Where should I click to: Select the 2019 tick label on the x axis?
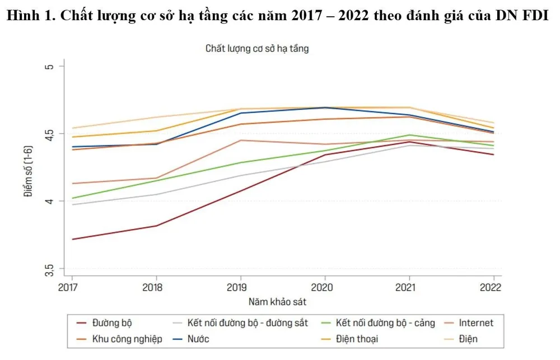pos(240,287)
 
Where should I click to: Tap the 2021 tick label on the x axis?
pos(409,287)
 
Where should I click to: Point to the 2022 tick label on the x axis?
pos(491,287)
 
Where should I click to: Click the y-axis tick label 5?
pos(48,66)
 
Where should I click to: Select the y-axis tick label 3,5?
pos(48,268)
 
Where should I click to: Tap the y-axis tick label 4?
pos(48,201)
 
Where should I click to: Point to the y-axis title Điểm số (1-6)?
pos(27,167)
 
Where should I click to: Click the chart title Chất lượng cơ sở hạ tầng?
pos(257,49)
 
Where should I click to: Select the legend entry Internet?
pos(475,323)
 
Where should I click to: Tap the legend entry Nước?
pos(198,339)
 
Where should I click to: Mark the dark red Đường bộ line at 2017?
pos(72,239)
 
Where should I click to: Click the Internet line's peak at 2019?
pos(240,141)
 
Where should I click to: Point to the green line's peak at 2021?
pos(409,135)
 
